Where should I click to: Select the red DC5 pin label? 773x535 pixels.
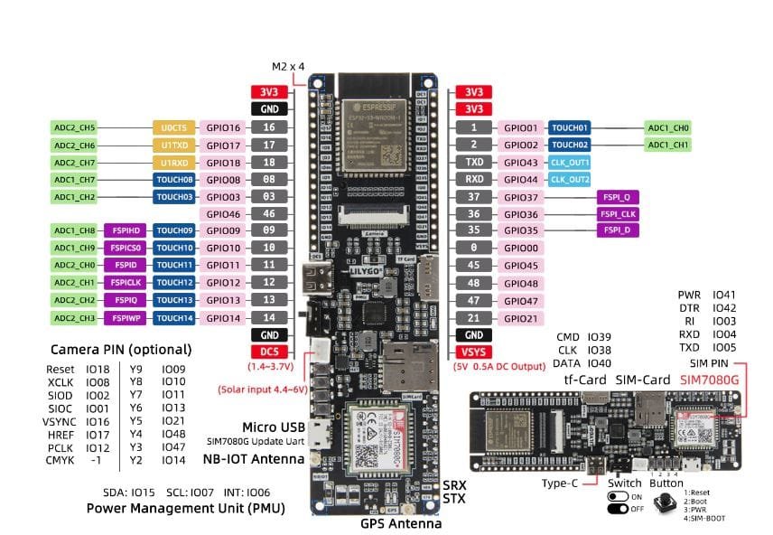268,352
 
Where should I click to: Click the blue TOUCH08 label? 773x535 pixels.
173,180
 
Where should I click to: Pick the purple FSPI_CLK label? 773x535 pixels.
619,214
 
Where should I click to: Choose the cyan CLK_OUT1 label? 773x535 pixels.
569,163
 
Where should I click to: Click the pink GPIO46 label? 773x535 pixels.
222,214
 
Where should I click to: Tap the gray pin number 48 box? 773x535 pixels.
474,283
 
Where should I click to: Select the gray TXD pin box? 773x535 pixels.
474,163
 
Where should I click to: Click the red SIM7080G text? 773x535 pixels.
710,380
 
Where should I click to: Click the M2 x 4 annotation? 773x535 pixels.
290,66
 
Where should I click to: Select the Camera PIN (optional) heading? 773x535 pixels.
121,349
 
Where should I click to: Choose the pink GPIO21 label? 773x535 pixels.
521,318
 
